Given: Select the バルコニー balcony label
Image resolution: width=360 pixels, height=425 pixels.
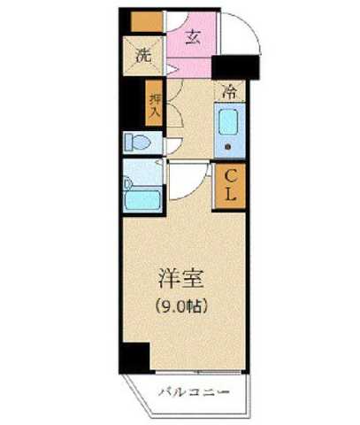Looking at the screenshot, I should pyautogui.click(x=195, y=390).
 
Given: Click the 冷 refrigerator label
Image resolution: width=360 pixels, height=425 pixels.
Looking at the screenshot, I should pyautogui.click(x=230, y=91).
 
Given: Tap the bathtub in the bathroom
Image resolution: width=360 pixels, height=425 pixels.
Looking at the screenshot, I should pyautogui.click(x=142, y=199).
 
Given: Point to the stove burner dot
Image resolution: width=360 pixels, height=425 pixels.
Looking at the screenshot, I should pyautogui.click(x=228, y=147).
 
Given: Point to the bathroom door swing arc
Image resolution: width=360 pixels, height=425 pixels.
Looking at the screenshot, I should pyautogui.click(x=181, y=182).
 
